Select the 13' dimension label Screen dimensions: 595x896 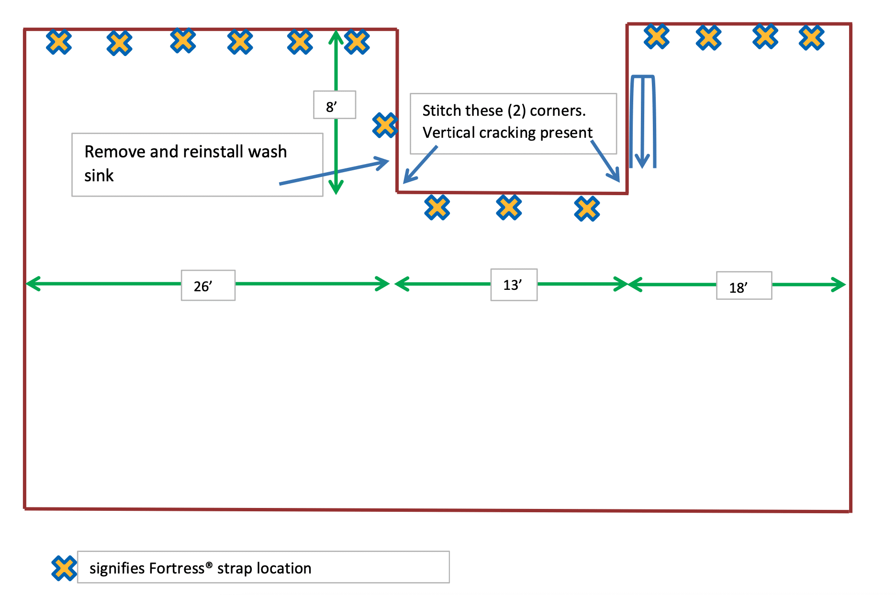(x=513, y=285)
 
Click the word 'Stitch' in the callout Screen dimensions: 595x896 (x=441, y=111)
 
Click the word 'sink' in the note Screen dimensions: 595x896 (x=99, y=176)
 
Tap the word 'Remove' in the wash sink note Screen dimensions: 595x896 (x=115, y=152)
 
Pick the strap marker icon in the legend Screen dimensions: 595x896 (x=64, y=568)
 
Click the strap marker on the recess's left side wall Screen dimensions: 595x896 (x=385, y=125)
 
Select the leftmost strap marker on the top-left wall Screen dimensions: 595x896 (x=59, y=42)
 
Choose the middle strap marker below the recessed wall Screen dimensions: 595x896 (x=509, y=208)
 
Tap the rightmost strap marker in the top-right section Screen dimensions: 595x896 (x=812, y=38)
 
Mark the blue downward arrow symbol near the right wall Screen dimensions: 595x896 (x=642, y=122)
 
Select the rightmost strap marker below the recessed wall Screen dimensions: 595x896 (x=587, y=209)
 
